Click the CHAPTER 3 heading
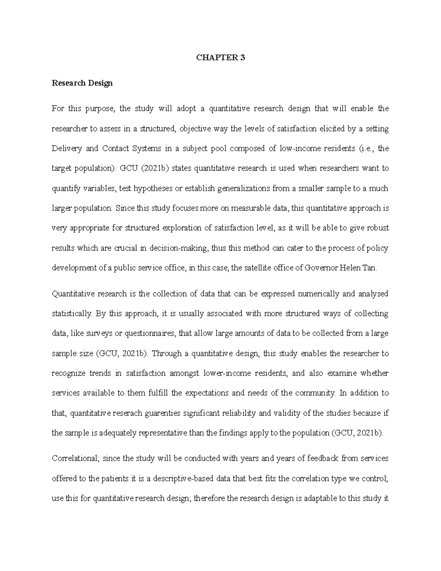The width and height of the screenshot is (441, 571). click(220, 58)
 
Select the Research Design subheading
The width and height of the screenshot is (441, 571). click(82, 83)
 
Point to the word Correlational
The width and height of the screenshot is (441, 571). click(75, 458)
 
